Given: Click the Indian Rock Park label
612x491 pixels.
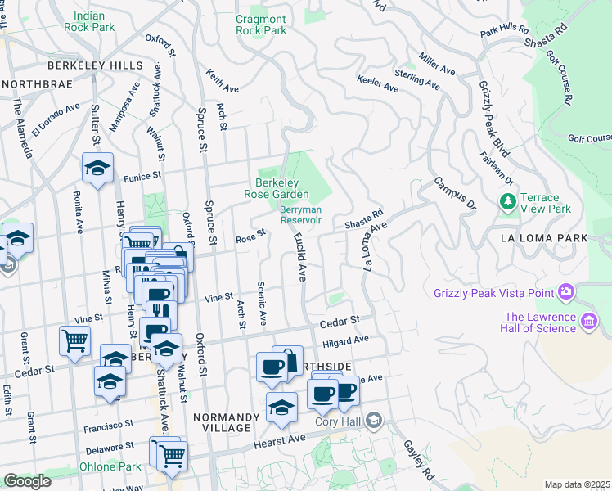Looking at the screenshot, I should pyautogui.click(x=94, y=21).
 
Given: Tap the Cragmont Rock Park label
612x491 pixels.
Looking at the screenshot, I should pyautogui.click(x=261, y=25).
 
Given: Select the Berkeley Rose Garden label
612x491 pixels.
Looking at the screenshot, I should pyautogui.click(x=277, y=188).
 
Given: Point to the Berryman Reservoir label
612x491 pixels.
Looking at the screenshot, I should pyautogui.click(x=301, y=215).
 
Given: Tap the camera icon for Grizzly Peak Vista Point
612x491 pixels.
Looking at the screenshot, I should pyautogui.click(x=565, y=292).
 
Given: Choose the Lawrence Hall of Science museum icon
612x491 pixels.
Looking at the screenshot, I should pyautogui.click(x=588, y=323).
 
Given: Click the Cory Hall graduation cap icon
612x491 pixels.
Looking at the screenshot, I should pyautogui.click(x=374, y=421).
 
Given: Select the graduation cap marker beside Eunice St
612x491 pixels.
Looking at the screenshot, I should pyautogui.click(x=97, y=169).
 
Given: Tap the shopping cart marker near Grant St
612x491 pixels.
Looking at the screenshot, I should pyautogui.click(x=75, y=340).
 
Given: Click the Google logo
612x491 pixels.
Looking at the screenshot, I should pyautogui.click(x=27, y=480).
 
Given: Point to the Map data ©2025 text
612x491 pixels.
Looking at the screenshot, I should pyautogui.click(x=577, y=484).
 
